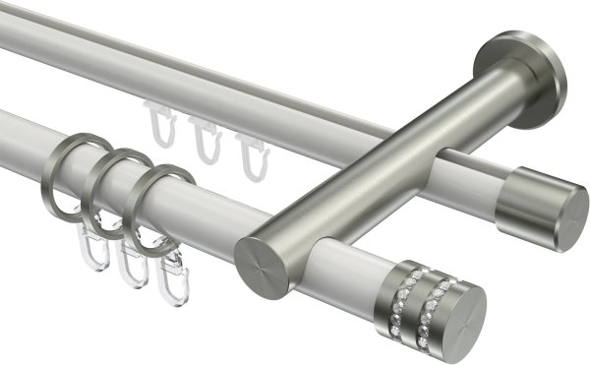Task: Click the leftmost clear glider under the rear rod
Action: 159,123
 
